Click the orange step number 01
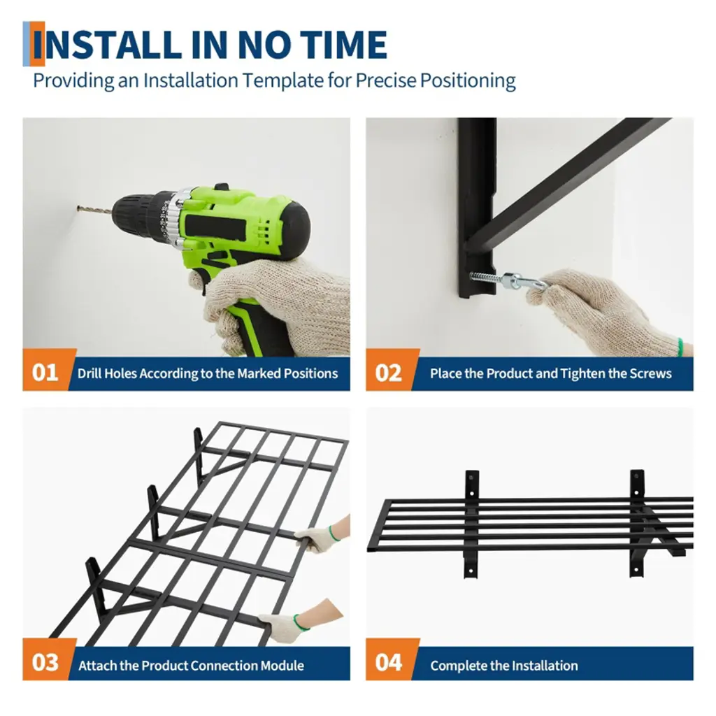point(45,373)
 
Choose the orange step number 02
point(388,373)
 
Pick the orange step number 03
point(45,662)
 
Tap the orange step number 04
point(388,662)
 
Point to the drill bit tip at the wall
point(78,208)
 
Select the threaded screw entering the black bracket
point(487,277)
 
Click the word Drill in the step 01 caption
point(89,373)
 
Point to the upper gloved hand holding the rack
point(320,536)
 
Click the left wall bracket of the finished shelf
point(472,524)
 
